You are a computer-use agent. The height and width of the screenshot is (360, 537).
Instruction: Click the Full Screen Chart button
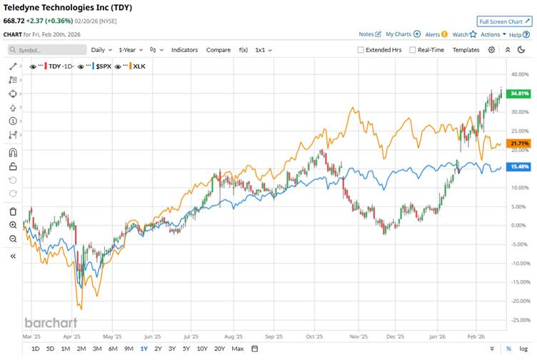(504, 21)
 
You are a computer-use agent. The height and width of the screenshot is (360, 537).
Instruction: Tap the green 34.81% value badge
(518, 94)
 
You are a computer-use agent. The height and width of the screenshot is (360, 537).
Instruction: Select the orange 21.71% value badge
(518, 144)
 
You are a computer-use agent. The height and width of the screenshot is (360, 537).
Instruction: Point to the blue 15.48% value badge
(518, 167)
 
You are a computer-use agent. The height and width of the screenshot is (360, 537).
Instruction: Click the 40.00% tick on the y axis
(519, 74)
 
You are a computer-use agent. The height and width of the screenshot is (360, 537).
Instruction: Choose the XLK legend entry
(138, 66)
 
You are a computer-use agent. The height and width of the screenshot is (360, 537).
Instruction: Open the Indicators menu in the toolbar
(184, 50)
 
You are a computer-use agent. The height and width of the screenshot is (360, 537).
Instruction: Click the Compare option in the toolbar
(218, 50)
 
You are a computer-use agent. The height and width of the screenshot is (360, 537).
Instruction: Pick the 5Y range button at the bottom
(186, 349)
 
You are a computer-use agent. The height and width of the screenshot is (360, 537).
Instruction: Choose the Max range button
(238, 349)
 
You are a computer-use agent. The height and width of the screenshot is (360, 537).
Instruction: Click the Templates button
(466, 50)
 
